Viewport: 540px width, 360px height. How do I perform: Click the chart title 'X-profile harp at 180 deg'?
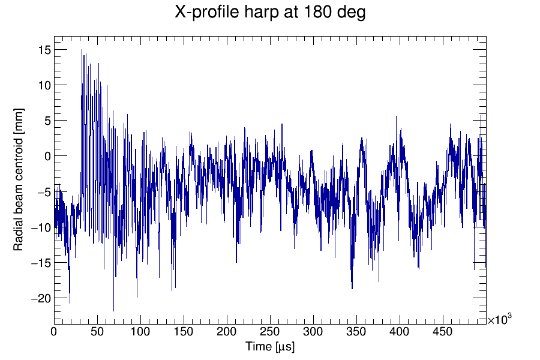coord(270,13)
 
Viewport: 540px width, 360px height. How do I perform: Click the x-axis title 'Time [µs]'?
coord(270,347)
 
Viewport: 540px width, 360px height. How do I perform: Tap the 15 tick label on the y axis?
coord(44,50)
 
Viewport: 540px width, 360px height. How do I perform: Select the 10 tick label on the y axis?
coord(44,85)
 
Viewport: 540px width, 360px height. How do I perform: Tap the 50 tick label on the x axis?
coord(97,332)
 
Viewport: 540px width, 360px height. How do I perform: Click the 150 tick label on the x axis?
coord(184,332)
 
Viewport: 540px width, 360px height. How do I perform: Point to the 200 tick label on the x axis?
coord(227,332)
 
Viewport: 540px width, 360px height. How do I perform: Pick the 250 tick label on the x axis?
coord(270,332)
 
